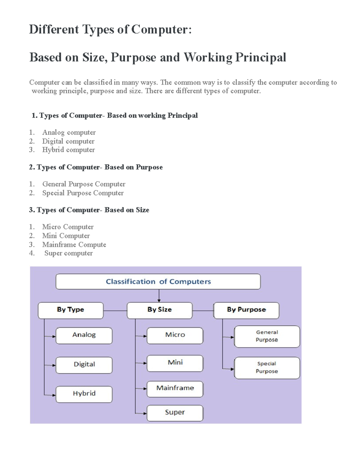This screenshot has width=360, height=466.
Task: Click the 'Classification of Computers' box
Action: tap(158, 281)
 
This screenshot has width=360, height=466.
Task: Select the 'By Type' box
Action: tap(70, 310)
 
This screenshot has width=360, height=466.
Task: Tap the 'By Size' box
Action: tap(159, 310)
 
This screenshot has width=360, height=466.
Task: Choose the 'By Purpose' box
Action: tap(246, 310)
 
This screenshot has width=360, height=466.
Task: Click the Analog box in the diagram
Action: tap(84, 335)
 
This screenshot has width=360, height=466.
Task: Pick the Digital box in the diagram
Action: tap(84, 365)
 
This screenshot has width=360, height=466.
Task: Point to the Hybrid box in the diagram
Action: tap(84, 394)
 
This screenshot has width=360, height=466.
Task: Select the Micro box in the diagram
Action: tap(175, 335)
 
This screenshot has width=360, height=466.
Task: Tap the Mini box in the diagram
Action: tap(175, 363)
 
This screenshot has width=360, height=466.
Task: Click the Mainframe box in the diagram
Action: tap(175, 389)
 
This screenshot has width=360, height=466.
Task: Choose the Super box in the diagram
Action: tap(175, 413)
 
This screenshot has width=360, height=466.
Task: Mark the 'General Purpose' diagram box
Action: tap(267, 336)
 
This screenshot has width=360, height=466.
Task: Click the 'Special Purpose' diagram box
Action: tap(267, 368)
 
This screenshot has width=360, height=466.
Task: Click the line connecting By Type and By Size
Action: tap(115, 311)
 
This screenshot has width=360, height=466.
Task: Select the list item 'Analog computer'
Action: tap(69, 132)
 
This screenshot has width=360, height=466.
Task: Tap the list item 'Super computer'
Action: tap(68, 253)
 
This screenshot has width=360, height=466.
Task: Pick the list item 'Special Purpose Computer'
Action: tap(83, 193)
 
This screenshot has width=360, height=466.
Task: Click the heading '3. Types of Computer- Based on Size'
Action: tap(89, 210)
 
